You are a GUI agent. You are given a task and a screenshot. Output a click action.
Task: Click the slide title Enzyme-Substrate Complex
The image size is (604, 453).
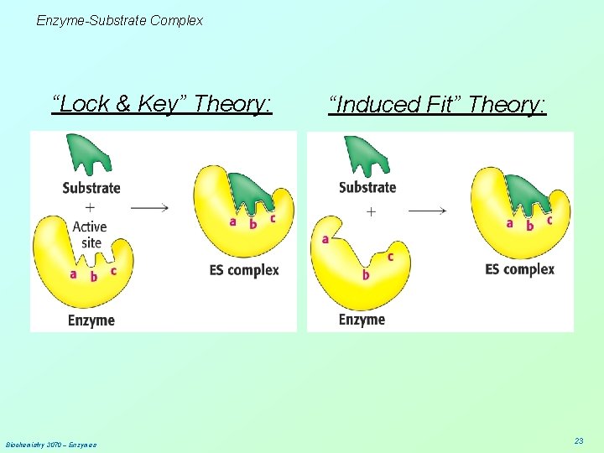[x=119, y=20]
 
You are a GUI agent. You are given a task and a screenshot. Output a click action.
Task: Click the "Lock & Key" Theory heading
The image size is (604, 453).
[x=162, y=104]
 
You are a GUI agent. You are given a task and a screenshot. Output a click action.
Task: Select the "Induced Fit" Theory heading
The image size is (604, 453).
[x=437, y=105]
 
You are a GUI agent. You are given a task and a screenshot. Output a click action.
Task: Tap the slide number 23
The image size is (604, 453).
[x=578, y=440]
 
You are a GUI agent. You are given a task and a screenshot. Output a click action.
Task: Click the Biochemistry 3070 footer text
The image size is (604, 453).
[x=50, y=444]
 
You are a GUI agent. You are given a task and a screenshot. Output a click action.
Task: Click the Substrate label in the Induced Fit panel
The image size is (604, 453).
[x=367, y=187]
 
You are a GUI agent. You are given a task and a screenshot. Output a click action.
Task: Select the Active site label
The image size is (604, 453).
[x=89, y=234]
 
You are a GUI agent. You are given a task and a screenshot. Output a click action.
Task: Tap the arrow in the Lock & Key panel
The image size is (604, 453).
[x=151, y=207]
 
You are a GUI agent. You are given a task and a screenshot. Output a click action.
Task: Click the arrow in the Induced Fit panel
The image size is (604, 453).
[x=427, y=210]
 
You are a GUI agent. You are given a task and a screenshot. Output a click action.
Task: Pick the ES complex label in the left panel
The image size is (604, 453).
[x=243, y=270]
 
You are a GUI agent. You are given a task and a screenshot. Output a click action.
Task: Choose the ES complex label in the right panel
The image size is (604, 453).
[x=519, y=269]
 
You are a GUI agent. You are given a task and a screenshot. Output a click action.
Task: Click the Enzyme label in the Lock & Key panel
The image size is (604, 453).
[x=91, y=320]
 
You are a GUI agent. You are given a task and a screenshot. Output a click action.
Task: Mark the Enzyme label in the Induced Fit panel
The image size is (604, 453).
[x=362, y=320]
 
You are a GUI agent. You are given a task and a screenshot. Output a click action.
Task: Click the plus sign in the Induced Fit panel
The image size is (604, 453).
[x=371, y=212]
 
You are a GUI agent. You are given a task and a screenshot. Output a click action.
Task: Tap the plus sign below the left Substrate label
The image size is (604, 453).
[x=90, y=207]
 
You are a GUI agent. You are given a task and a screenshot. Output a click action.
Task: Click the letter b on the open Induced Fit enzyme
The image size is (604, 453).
[x=366, y=274]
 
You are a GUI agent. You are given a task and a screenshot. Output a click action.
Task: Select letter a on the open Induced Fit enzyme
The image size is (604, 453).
[x=325, y=240]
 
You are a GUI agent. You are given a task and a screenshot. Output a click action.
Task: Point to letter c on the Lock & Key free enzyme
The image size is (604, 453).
[x=113, y=271]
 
